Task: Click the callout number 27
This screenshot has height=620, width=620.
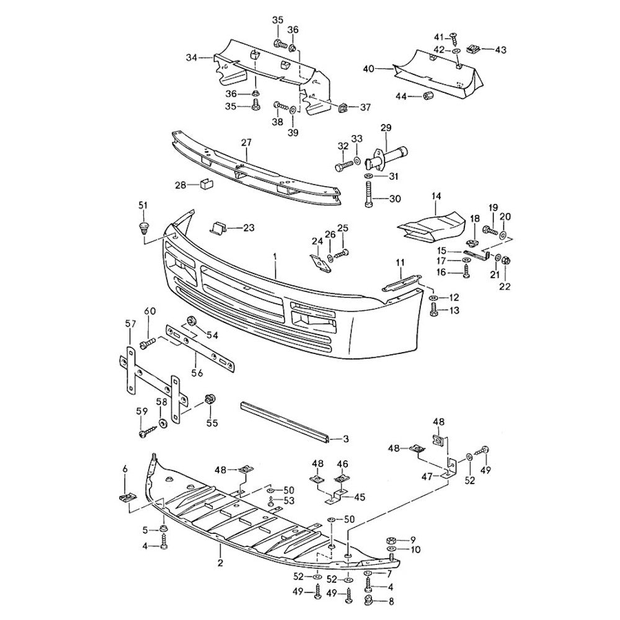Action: pos(246,143)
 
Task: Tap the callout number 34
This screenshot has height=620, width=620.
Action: pos(191,58)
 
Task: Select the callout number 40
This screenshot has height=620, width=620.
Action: pos(368,69)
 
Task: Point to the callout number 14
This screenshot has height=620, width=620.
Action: pos(436,197)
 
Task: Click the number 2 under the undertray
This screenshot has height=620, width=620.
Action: pos(220,564)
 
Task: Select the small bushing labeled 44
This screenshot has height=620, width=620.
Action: pos(427,95)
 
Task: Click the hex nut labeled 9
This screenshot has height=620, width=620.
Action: pos(392,539)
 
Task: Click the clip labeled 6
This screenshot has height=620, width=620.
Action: pos(126,497)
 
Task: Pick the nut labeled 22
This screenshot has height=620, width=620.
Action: pos(504,260)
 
